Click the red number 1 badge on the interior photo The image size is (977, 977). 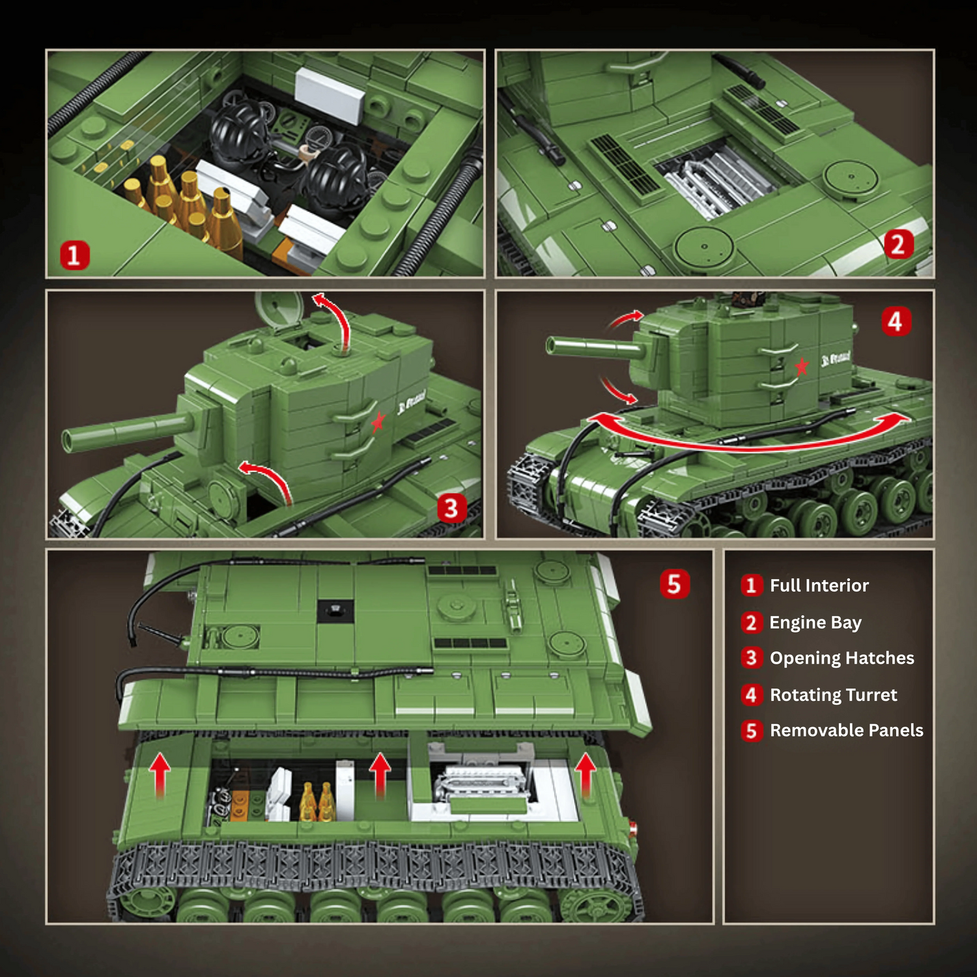(75, 255)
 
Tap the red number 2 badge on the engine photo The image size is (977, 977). (898, 245)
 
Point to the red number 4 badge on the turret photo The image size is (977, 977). (896, 321)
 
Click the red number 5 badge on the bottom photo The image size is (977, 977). (674, 584)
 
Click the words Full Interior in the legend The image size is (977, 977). (819, 586)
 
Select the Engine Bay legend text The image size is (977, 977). (815, 623)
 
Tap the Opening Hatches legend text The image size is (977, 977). (842, 658)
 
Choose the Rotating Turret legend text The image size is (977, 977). (833, 695)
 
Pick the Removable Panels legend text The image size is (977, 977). (846, 730)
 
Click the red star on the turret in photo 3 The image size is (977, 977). (378, 423)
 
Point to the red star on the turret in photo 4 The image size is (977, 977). (801, 366)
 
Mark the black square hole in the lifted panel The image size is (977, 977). (335, 611)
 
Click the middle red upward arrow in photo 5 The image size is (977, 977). (380, 775)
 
